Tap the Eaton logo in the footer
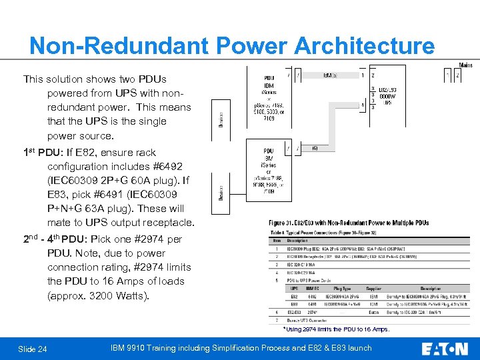[x=445, y=348]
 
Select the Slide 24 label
[x=33, y=349]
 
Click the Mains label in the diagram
[x=465, y=65]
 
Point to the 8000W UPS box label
[x=388, y=97]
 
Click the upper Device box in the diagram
[x=221, y=119]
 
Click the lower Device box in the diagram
[x=221, y=194]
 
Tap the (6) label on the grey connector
[x=315, y=148]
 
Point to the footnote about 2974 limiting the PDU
[x=336, y=329]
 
